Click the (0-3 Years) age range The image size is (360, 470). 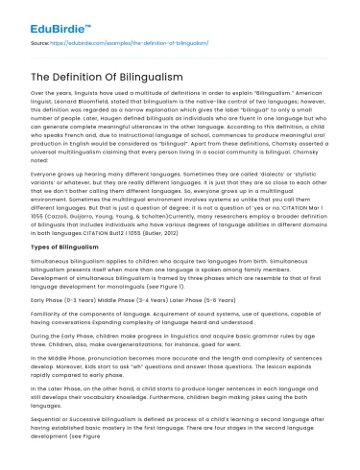[77, 298]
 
